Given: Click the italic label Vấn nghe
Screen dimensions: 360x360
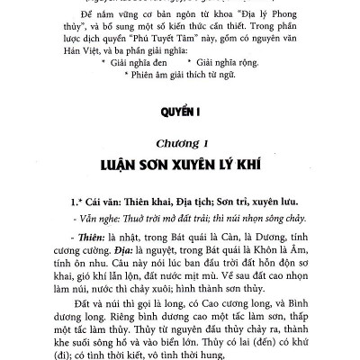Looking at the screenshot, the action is coord(82,218).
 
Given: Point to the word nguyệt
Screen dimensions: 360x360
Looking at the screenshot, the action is coord(166,251).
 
